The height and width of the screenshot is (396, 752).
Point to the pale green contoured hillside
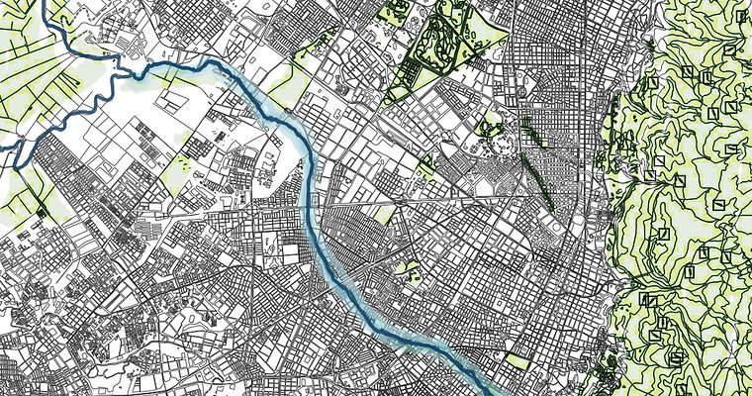(693, 198)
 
